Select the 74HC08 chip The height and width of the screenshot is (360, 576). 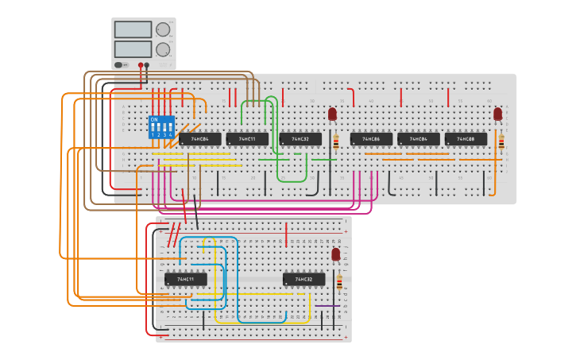[466, 139]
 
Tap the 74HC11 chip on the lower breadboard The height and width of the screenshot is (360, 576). [186, 279]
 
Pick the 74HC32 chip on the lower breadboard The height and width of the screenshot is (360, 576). [303, 279]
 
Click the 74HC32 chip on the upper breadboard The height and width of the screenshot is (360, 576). [300, 139]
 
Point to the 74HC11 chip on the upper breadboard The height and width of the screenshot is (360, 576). [247, 139]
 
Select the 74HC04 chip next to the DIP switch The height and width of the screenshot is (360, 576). [199, 139]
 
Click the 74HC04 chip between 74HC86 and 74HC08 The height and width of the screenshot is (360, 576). [418, 139]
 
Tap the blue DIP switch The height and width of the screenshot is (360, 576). [161, 126]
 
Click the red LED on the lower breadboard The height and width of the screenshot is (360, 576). [335, 254]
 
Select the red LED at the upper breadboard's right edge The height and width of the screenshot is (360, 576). [497, 114]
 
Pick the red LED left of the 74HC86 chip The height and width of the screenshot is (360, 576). [332, 114]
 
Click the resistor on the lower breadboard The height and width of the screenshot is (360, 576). [340, 283]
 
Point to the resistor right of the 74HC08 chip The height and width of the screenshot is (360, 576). [501, 142]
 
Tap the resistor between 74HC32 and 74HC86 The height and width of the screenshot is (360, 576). [335, 142]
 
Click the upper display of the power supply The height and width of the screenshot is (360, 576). [132, 29]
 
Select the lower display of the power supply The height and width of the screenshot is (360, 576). [132, 48]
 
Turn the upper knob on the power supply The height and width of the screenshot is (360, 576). [163, 29]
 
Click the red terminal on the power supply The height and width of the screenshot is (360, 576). [141, 65]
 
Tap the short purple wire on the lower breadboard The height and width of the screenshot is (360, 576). [327, 305]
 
